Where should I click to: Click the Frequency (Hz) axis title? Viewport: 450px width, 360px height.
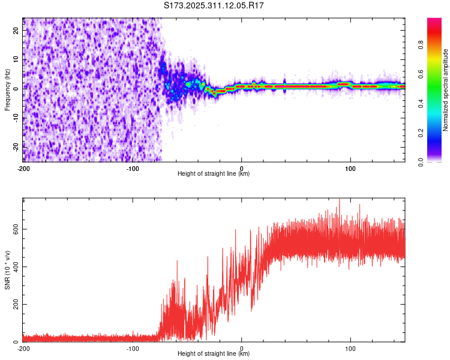(x=7, y=89)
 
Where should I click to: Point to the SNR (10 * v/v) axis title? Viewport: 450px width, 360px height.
(x=7, y=269)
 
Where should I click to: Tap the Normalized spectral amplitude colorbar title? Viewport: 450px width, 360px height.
(x=446, y=90)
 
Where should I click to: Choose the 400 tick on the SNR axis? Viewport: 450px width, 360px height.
(x=14, y=266)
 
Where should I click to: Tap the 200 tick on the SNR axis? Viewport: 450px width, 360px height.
(x=14, y=304)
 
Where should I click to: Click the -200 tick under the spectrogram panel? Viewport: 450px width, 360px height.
(x=23, y=168)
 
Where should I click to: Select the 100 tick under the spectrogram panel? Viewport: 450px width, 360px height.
(x=350, y=168)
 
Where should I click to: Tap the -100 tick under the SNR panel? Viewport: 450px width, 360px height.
(x=133, y=348)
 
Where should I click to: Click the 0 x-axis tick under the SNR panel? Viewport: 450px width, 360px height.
(x=242, y=348)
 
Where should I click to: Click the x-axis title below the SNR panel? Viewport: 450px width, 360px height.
(x=214, y=354)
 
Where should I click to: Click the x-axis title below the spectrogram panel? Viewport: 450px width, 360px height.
(x=214, y=174)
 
